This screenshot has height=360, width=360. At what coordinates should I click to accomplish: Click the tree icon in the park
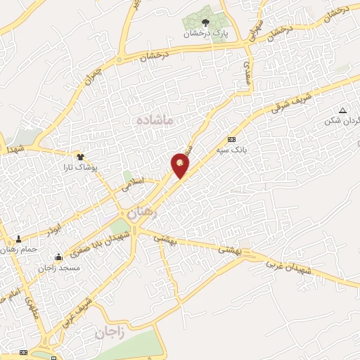205,23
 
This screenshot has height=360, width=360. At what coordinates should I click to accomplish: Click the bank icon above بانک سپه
232,139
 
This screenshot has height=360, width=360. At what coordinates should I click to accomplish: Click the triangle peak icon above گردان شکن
342,111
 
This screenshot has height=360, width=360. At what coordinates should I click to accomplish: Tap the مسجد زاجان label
60,268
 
